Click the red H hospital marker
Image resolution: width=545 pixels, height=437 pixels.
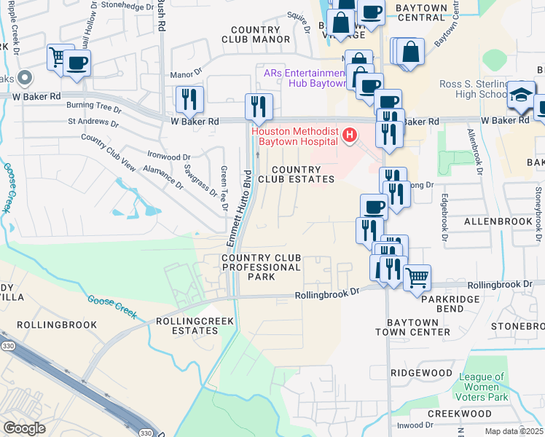pos(350,135)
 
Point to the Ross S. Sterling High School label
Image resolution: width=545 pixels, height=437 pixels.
pos(473,89)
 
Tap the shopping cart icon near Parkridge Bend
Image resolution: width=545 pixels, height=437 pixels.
pos(417,277)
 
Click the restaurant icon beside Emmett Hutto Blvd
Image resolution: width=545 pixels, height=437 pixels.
pos(259,106)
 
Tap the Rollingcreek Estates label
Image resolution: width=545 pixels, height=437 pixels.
pos(187,326)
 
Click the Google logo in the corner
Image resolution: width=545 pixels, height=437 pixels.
pos(25,428)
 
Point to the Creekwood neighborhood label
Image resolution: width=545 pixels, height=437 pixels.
pos(459,413)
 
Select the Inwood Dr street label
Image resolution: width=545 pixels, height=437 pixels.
pos(416,425)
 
